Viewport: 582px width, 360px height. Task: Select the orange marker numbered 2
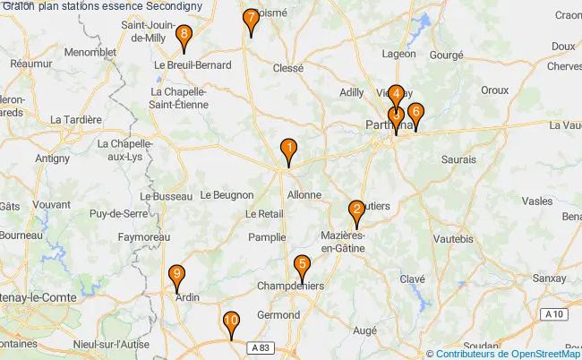click(x=356, y=212)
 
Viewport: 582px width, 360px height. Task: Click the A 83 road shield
click(x=259, y=347)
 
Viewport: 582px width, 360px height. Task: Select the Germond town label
click(x=278, y=315)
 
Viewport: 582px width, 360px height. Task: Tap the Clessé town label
click(x=287, y=67)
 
